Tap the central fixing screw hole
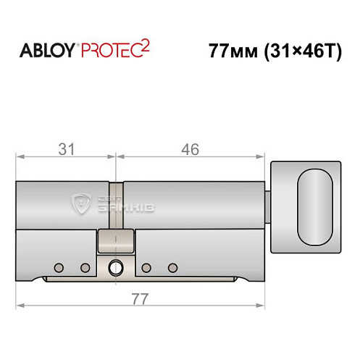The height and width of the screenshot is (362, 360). click(x=114, y=268)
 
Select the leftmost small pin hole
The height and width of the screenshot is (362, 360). click(x=60, y=268)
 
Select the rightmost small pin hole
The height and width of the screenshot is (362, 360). click(x=172, y=268)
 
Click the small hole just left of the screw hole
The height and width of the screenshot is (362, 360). click(x=85, y=268)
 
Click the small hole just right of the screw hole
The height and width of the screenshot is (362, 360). click(x=146, y=268)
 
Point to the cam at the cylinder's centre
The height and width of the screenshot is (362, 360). click(x=115, y=242)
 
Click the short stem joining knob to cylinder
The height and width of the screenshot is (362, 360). click(x=267, y=205)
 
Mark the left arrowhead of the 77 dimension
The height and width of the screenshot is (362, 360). click(x=20, y=306)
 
